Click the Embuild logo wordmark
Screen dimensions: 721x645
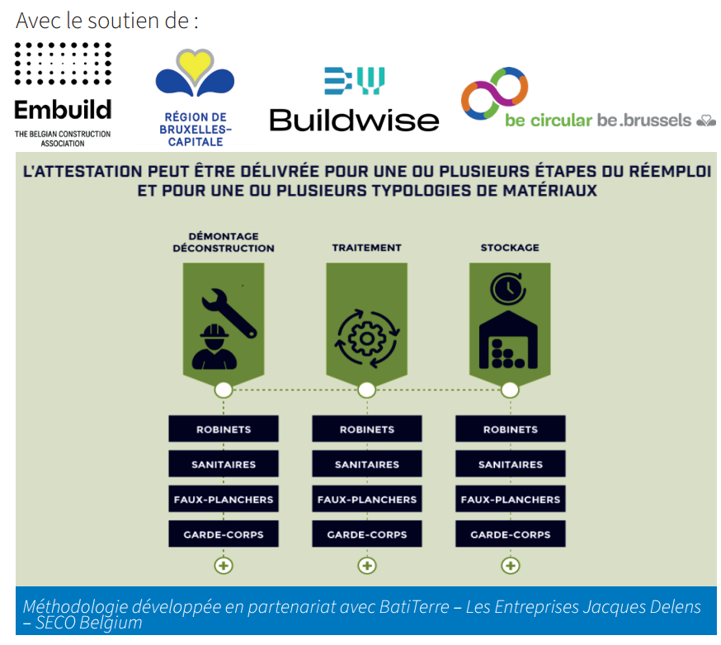63,110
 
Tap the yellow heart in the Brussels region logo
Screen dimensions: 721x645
195,65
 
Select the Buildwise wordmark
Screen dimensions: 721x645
354,121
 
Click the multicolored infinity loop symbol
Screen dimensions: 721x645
495,93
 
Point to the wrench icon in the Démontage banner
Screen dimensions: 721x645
229,313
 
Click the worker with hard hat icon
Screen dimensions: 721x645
214,347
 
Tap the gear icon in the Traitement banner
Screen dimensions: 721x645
367,339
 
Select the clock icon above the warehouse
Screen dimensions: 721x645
508,289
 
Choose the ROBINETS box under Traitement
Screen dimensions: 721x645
367,429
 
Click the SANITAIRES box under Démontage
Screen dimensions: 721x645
224,464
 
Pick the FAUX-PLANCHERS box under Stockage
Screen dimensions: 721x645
511,499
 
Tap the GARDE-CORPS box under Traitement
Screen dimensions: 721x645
367,534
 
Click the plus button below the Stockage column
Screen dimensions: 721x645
511,566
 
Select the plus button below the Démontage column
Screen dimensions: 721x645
224,566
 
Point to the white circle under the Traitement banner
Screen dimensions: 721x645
366,390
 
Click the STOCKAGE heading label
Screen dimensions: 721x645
510,248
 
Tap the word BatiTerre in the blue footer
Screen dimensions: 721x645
414,607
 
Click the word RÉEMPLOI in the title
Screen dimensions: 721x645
670,171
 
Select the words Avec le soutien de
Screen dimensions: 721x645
107,21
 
